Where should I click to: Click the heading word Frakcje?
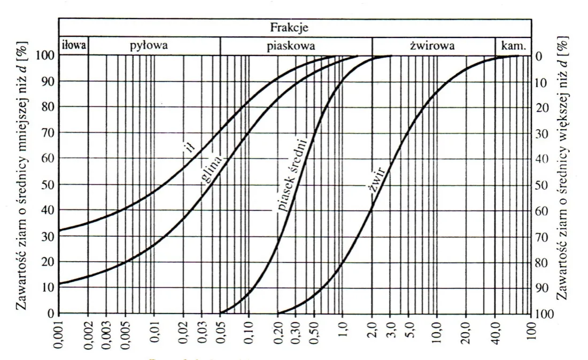click(x=294, y=26)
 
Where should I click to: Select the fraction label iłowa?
click(x=74, y=46)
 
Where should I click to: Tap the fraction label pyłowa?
click(x=149, y=46)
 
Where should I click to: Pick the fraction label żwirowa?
click(x=432, y=46)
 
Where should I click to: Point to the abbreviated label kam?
click(x=513, y=46)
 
